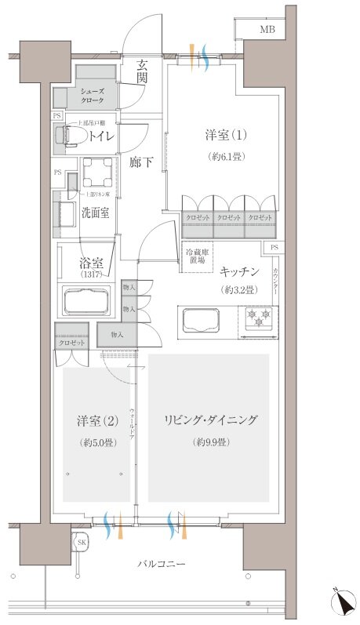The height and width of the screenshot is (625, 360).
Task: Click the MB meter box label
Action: pyautogui.click(x=268, y=29)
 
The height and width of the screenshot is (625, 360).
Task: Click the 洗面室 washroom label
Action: pyautogui.click(x=95, y=213)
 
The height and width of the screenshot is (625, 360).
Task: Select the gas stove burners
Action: pyautogui.click(x=258, y=318)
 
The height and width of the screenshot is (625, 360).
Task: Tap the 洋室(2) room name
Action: pyautogui.click(x=98, y=421)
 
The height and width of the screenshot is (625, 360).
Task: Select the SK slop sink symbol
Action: pyautogui.click(x=81, y=542)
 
